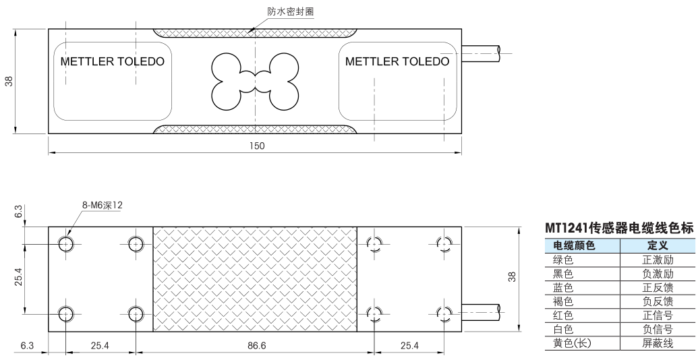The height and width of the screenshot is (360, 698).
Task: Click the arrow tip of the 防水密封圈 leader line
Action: tap(249, 32)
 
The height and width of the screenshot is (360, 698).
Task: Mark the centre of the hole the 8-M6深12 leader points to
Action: tap(66, 244)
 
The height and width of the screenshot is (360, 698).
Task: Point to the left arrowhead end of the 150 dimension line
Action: tap(49, 152)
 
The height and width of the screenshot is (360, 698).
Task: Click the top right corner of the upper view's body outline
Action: tap(461, 29)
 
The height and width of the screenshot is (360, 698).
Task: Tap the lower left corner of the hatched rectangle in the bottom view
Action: tap(153, 332)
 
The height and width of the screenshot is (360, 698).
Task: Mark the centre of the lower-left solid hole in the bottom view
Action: tap(66, 314)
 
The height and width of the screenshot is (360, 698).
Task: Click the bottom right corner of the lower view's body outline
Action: tap(461, 332)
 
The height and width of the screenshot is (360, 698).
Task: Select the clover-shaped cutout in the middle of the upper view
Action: tap(255, 82)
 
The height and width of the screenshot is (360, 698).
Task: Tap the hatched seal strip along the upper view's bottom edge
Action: tap(255, 129)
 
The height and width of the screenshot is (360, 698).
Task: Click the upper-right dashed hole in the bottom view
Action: tap(444, 244)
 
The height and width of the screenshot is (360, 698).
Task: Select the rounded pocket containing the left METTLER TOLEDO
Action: tap(113, 82)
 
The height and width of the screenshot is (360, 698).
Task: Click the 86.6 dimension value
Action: tap(256, 345)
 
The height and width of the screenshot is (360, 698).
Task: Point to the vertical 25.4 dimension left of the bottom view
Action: tap(18, 280)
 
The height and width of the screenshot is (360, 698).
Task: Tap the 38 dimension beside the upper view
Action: tap(9, 82)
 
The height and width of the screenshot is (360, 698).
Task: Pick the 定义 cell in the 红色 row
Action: tap(658, 316)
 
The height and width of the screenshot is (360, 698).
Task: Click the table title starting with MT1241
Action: tap(620, 229)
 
